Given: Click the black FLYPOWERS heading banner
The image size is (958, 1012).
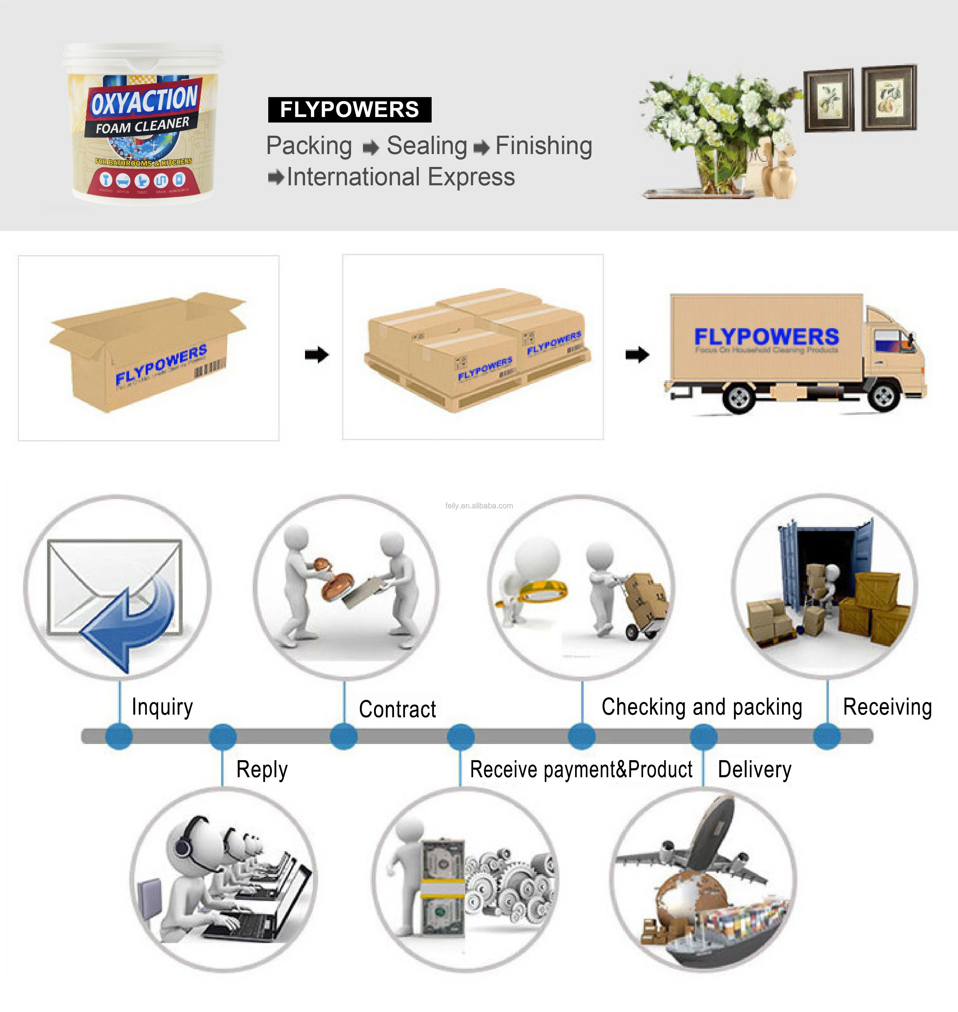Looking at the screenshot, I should click(349, 110).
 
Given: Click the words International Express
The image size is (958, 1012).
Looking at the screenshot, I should click(400, 177).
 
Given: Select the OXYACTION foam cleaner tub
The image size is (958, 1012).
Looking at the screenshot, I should click(143, 124).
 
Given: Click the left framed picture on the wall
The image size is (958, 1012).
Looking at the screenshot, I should click(828, 100).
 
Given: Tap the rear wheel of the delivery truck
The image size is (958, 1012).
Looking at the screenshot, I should click(739, 397).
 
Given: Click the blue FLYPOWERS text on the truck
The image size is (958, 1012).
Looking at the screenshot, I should click(766, 337).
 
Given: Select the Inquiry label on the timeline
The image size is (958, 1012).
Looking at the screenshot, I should click(162, 707).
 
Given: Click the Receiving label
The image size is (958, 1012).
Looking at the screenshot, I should click(887, 707).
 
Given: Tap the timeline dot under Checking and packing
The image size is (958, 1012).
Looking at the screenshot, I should click(582, 736).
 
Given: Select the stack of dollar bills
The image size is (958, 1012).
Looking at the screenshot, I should click(442, 888).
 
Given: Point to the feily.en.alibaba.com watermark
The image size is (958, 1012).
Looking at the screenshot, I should click(479, 506).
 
